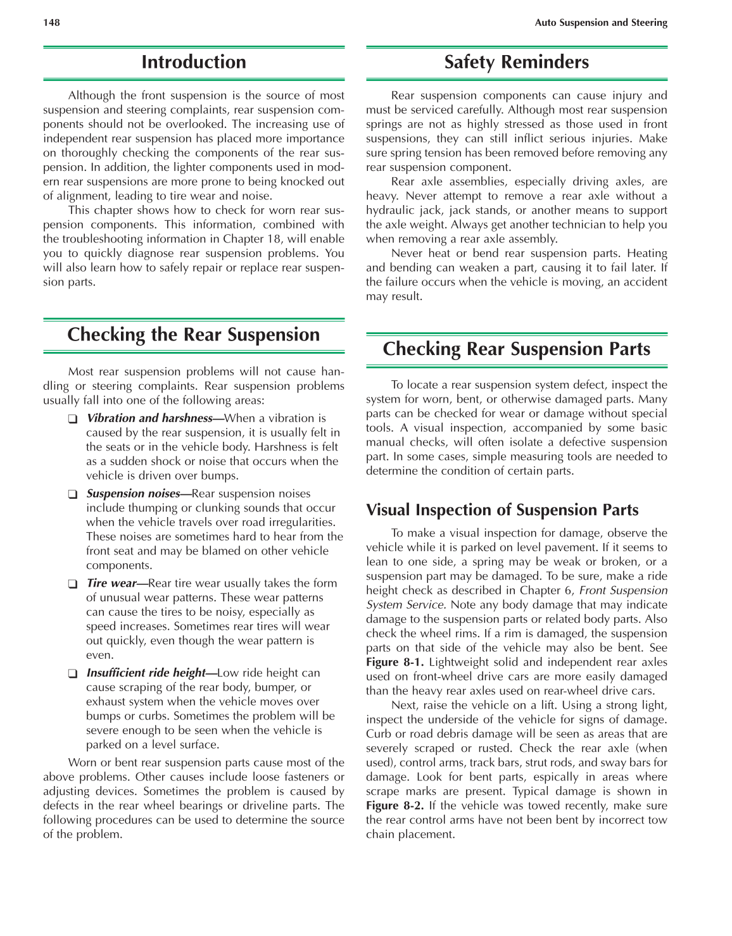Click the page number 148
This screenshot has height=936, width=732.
tap(51, 23)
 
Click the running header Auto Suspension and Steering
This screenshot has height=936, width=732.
tap(601, 23)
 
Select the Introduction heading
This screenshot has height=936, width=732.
tap(194, 62)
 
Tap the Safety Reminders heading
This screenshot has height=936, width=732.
tap(516, 62)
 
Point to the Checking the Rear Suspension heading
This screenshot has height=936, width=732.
tap(194, 335)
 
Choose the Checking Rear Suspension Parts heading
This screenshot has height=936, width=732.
tap(516, 349)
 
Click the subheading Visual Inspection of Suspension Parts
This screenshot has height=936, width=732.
tap(502, 510)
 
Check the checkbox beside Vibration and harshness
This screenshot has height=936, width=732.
tap(73, 419)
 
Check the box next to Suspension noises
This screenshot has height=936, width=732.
tap(73, 494)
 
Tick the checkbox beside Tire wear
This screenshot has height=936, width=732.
tap(73, 584)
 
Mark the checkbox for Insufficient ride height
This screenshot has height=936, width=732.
tap(73, 674)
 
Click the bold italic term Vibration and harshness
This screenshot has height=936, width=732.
tap(149, 418)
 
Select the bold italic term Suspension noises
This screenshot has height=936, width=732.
tap(133, 494)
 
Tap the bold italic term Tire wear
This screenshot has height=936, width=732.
tap(111, 583)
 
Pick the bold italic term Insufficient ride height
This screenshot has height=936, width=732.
tap(146, 673)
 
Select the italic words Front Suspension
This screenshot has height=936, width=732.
tap(623, 590)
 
